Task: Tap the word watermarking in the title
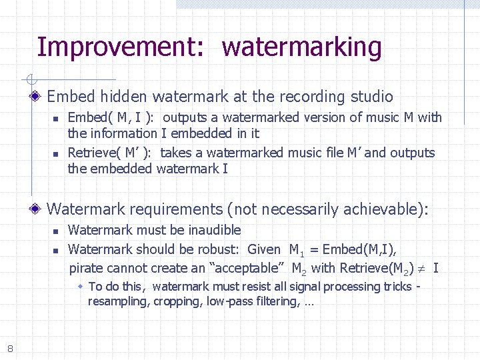click(x=302, y=48)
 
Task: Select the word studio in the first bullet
click(x=371, y=97)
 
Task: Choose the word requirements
click(x=176, y=209)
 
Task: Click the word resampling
click(x=118, y=301)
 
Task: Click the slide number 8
click(x=10, y=347)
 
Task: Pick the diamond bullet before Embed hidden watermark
click(x=37, y=97)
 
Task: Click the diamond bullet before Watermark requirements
click(x=37, y=210)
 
